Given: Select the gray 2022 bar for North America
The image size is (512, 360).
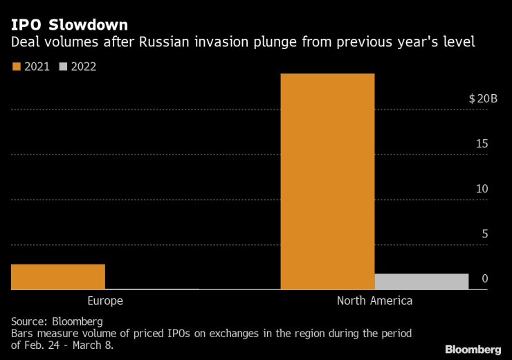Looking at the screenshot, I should click(x=421, y=282).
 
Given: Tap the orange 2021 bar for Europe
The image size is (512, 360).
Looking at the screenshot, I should click(x=58, y=277).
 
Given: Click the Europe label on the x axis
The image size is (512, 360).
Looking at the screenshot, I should click(x=105, y=301).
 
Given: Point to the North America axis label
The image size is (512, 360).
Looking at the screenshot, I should click(x=374, y=301).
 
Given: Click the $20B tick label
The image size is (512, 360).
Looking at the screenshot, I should click(x=483, y=99).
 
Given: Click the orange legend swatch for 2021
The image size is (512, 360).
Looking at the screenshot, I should click(x=16, y=67).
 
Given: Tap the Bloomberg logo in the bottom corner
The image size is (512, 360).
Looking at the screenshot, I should click(x=473, y=348).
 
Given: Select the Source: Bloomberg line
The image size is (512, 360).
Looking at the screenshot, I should click(x=57, y=321).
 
